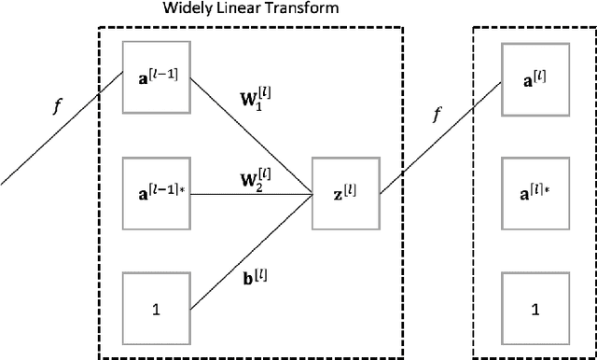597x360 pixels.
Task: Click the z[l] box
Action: pos(345,193)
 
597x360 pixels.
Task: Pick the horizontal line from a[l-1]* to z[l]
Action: pos(252,194)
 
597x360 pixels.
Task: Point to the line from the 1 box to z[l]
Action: pos(252,250)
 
